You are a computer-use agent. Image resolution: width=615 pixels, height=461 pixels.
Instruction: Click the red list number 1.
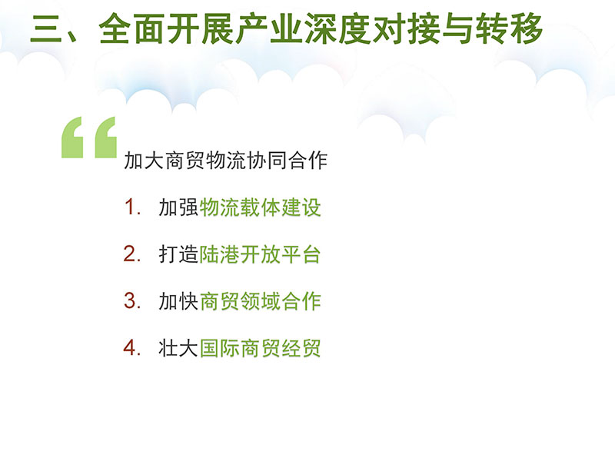[129, 207]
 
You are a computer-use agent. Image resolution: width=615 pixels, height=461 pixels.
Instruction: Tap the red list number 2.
[130, 254]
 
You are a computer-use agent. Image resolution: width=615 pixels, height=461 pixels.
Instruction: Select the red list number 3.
[130, 301]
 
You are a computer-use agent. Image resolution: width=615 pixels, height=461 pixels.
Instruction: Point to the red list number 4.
[130, 348]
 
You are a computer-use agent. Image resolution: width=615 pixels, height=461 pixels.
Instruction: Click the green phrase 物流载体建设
[261, 207]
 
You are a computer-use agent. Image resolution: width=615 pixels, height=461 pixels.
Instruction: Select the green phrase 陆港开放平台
[261, 254]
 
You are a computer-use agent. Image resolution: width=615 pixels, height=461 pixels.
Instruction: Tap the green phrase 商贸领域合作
[261, 301]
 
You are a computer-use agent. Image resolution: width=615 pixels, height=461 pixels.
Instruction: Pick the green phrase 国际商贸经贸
[261, 348]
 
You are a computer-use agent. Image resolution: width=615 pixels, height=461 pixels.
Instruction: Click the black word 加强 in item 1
[178, 207]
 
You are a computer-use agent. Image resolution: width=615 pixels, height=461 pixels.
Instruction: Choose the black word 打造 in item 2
[178, 254]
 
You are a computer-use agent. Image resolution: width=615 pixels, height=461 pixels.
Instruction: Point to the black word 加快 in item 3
[178, 301]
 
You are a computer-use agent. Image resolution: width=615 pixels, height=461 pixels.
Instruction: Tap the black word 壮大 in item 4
[178, 348]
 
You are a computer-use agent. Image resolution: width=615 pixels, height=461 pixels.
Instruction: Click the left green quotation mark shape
[72, 138]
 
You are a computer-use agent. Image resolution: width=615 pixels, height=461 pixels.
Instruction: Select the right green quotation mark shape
[106, 138]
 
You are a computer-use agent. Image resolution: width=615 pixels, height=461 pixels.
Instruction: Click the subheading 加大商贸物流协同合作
[225, 161]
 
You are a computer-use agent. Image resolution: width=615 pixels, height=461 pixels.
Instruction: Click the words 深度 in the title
[338, 29]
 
